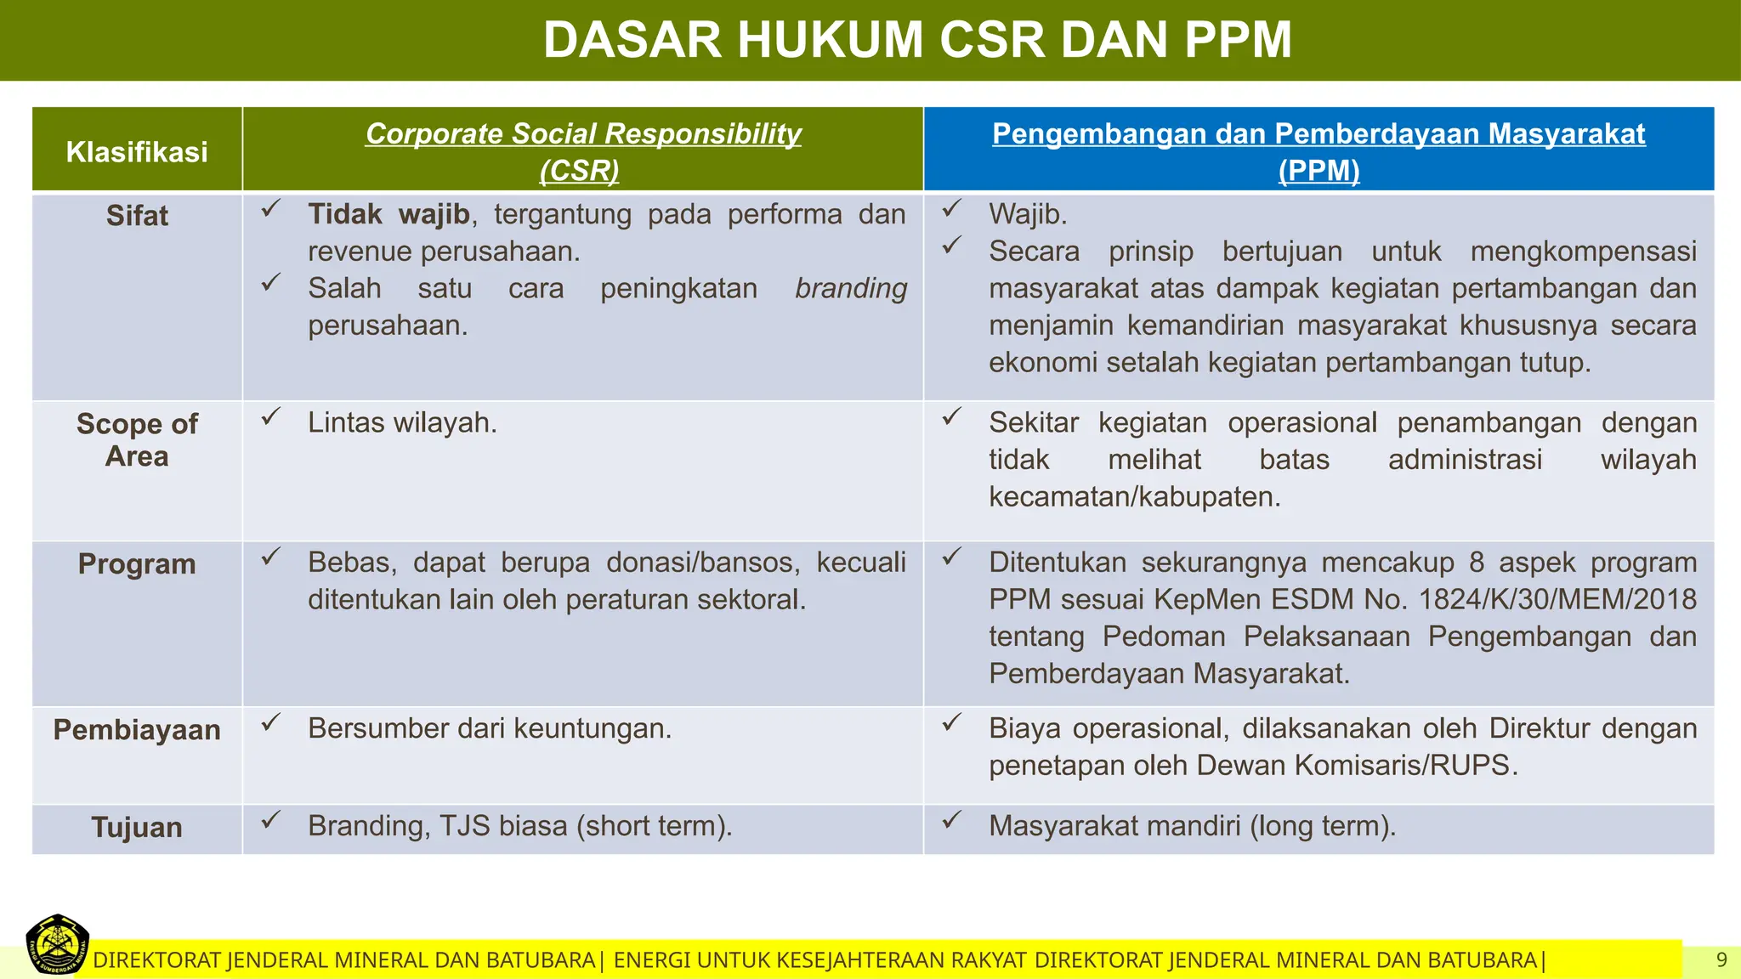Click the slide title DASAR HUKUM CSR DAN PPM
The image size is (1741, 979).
pyautogui.click(x=917, y=40)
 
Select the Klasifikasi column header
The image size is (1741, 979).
pyautogui.click(x=137, y=152)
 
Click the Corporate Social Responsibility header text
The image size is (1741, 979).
pyautogui.click(x=583, y=133)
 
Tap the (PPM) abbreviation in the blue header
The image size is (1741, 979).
pyautogui.click(x=1319, y=171)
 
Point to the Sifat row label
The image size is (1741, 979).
pyautogui.click(x=137, y=216)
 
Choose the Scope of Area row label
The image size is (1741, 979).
pyautogui.click(x=137, y=440)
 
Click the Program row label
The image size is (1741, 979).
pyautogui.click(x=137, y=564)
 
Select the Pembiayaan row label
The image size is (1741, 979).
pyautogui.click(x=137, y=730)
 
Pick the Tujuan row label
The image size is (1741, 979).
pyautogui.click(x=137, y=828)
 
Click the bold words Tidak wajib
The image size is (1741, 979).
pyautogui.click(x=388, y=214)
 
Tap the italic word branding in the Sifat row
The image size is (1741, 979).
pyautogui.click(x=851, y=289)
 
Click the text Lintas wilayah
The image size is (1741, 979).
pyautogui.click(x=402, y=422)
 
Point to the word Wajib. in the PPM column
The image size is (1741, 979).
pyautogui.click(x=1028, y=214)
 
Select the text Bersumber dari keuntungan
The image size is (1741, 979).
pyautogui.click(x=490, y=728)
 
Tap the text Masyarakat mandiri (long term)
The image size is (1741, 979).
pyautogui.click(x=1192, y=826)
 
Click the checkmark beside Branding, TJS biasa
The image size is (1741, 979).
pyautogui.click(x=270, y=821)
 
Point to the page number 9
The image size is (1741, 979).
pyautogui.click(x=1721, y=960)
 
